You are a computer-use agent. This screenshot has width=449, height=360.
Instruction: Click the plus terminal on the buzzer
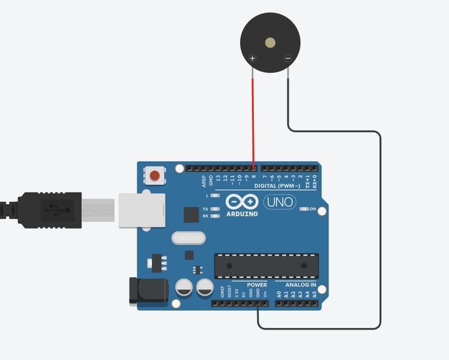(253, 58)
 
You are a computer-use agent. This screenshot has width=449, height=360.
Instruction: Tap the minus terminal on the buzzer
(287, 58)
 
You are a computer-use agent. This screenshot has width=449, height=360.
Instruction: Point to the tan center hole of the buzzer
(270, 43)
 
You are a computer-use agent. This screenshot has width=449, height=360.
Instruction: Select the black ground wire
(380, 231)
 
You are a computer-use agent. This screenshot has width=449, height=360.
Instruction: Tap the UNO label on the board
(279, 202)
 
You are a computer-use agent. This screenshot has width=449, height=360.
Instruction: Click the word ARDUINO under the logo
(242, 214)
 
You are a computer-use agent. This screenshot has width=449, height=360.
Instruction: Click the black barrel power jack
(148, 290)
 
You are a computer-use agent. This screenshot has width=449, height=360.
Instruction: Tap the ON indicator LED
(304, 209)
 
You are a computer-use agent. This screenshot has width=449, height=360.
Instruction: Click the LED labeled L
(214, 196)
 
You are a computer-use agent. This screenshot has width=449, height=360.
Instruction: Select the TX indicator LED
(214, 209)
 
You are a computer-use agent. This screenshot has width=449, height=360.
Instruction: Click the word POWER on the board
(257, 285)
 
